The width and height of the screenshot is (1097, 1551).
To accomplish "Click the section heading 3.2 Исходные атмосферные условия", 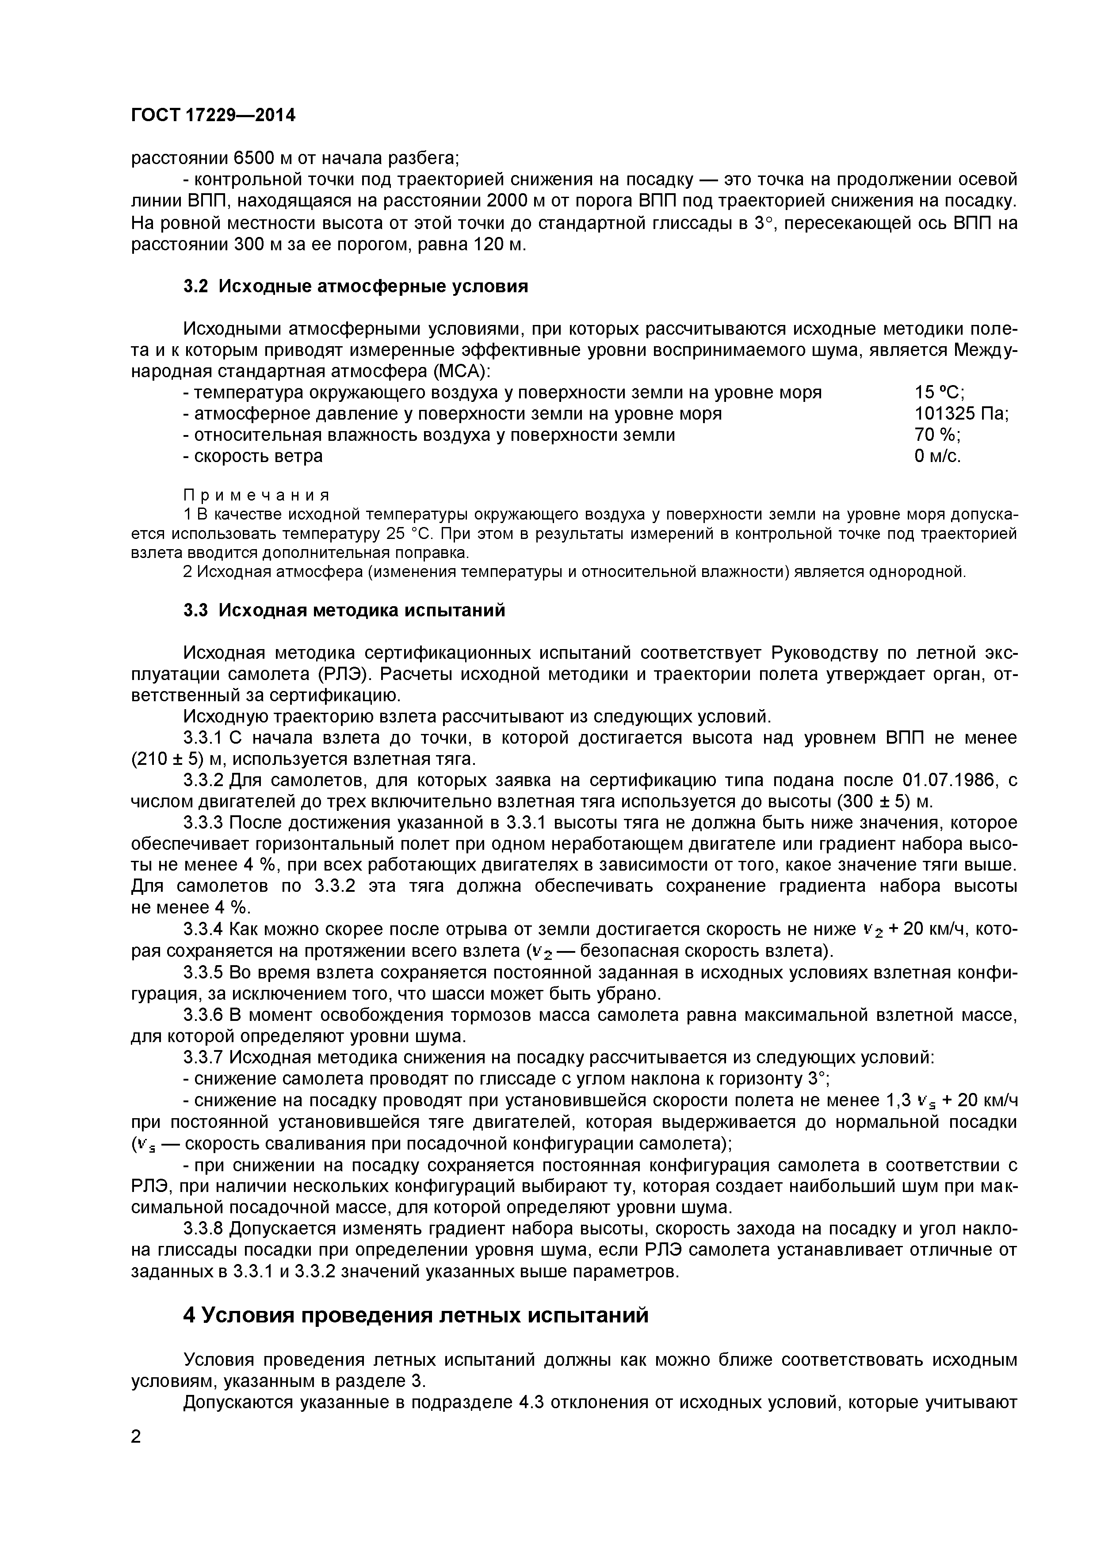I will point(355,287).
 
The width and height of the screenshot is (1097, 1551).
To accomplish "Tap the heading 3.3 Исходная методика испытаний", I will point(344,610).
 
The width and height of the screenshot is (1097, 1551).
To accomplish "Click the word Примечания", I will point(257,495).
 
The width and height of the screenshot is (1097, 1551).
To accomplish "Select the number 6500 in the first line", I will point(254,158).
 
